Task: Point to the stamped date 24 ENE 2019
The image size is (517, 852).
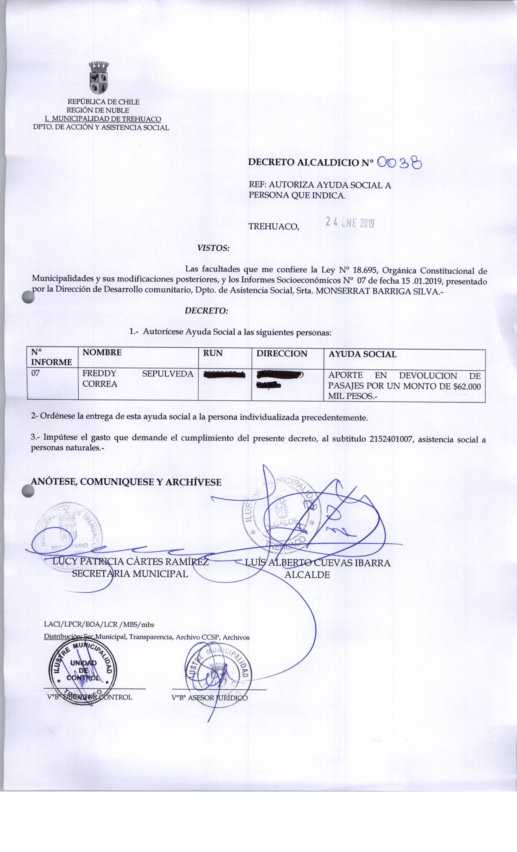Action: (350, 222)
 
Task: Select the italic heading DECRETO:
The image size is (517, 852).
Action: (206, 311)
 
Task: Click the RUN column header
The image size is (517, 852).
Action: (213, 353)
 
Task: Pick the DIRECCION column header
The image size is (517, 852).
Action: (282, 353)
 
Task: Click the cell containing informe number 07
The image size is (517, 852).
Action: (36, 374)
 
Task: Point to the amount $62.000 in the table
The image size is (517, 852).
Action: (466, 387)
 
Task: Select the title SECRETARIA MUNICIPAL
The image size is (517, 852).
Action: (130, 574)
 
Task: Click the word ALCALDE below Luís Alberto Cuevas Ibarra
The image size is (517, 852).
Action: (308, 574)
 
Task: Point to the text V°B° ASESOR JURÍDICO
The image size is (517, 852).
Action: (209, 697)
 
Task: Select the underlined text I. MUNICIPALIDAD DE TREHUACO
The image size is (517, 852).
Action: (103, 119)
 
